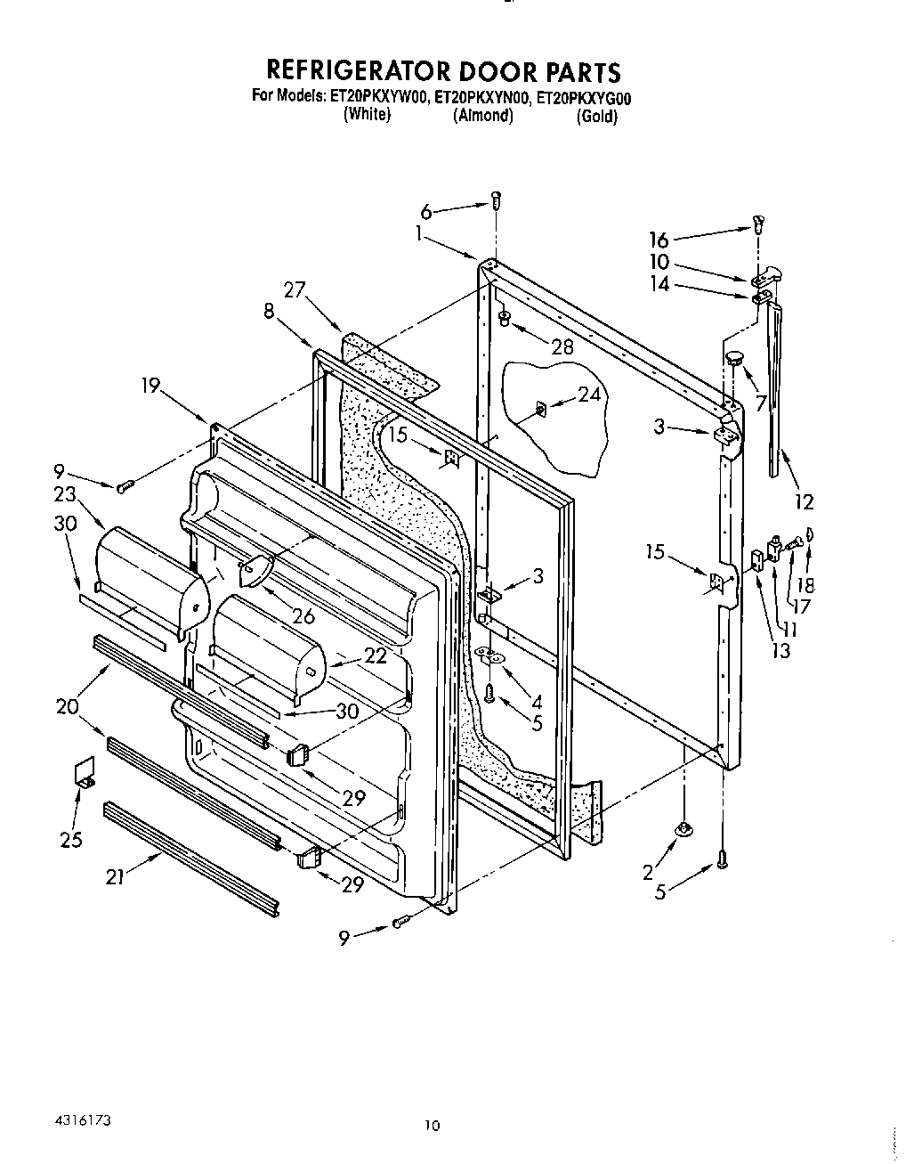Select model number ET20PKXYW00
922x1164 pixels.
[380, 98]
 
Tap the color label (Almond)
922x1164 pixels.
[483, 116]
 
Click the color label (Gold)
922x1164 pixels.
[596, 117]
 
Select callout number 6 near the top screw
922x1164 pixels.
[426, 212]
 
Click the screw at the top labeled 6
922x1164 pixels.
[497, 200]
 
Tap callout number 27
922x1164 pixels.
[295, 289]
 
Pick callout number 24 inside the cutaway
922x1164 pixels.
[589, 394]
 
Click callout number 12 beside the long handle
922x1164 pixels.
[804, 502]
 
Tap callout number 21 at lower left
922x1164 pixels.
[114, 877]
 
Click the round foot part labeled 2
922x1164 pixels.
[683, 830]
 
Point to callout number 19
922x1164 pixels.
[150, 385]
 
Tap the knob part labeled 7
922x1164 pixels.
[735, 359]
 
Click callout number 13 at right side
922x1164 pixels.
[780, 651]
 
